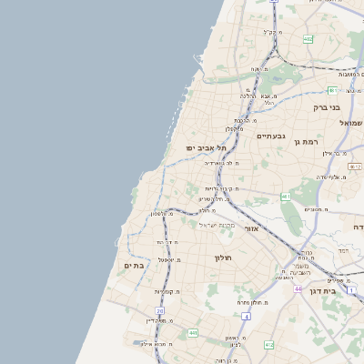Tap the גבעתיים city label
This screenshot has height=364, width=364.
pyautogui.click(x=271, y=136)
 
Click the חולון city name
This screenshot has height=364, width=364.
pyautogui.click(x=224, y=258)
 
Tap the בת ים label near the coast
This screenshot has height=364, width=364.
pyautogui.click(x=134, y=265)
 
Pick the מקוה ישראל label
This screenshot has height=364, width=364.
pyautogui.click(x=217, y=225)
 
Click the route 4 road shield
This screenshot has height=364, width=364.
pyautogui.click(x=246, y=316)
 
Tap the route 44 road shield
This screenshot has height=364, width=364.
pyautogui.click(x=298, y=288)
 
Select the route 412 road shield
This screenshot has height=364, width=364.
pyautogui.click(x=268, y=345)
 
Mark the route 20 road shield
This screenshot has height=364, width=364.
pyautogui.click(x=160, y=311)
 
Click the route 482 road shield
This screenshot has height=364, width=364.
pyautogui.click(x=308, y=39)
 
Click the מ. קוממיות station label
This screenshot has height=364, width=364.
pyautogui.click(x=164, y=291)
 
